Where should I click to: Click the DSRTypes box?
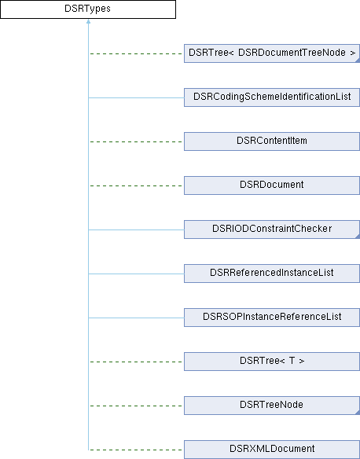[88, 9]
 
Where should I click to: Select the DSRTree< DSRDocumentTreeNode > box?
[272, 53]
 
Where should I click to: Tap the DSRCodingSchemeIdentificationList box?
[272, 97]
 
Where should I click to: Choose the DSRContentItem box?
[272, 141]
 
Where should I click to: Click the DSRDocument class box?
[272, 185]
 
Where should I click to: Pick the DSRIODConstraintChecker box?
[272, 229]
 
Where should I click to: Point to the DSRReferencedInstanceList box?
[272, 274]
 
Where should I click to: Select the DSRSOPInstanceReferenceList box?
[272, 318]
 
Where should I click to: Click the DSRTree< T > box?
[272, 362]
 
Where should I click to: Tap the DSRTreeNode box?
[272, 406]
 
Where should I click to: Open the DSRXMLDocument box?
[272, 450]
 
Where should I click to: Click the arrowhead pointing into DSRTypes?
[88, 21]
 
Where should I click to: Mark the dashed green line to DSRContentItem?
[136, 141]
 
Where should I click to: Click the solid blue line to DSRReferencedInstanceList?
[136, 274]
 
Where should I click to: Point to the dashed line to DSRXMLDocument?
[136, 450]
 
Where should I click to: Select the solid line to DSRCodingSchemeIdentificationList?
[136, 97]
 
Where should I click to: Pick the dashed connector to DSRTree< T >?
[136, 362]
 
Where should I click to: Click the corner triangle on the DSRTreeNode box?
[358, 413]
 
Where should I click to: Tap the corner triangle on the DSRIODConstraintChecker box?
[358, 237]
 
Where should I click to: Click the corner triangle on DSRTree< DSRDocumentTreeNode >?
[358, 61]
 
